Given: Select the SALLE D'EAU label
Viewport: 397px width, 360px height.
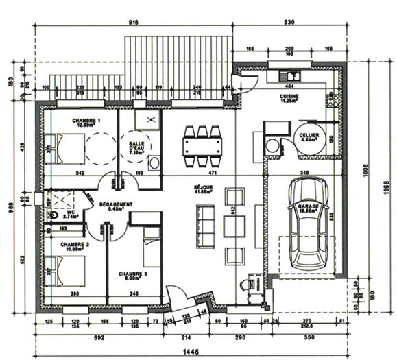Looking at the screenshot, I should tap(137, 147).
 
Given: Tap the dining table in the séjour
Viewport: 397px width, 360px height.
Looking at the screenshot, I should tap(202, 146).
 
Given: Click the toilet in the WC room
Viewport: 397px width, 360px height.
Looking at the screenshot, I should tap(55, 215).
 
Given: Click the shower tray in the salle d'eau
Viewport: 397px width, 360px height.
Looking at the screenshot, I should tap(147, 121).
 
